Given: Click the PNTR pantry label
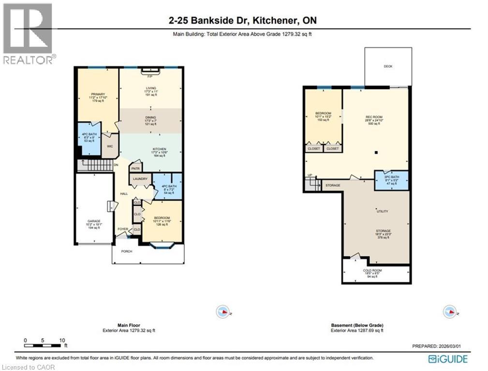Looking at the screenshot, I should click(x=135, y=169).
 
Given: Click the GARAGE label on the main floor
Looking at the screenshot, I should click(x=94, y=221).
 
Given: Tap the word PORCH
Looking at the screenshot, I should click(x=127, y=251).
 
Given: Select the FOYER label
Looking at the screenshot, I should click(x=123, y=229).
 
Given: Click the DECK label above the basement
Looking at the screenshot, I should click(x=388, y=66).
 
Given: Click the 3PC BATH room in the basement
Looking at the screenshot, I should click(x=392, y=180).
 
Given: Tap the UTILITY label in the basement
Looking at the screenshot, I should click(x=383, y=212).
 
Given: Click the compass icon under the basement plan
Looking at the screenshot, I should click(x=450, y=312).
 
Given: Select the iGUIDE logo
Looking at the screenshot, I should click(x=448, y=359).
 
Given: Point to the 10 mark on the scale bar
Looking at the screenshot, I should click(x=62, y=341).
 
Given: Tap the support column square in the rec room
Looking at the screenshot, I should click(x=376, y=153).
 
